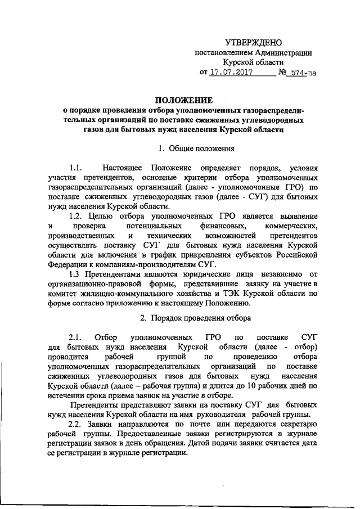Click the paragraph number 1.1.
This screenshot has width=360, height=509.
click(x=76, y=168)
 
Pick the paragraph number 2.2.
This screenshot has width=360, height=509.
click(x=76, y=424)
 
